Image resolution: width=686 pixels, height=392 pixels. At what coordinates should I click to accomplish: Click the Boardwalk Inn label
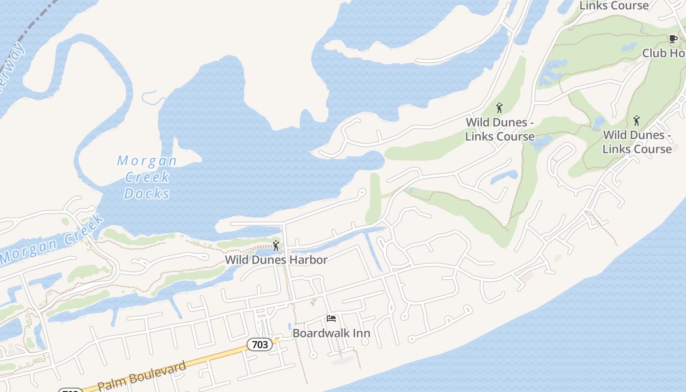331,333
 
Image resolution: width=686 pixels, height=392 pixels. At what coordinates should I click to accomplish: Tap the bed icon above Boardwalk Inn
331,318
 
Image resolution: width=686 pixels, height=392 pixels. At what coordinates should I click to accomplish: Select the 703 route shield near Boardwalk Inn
260,344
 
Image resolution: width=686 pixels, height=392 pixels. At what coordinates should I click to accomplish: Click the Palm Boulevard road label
142,376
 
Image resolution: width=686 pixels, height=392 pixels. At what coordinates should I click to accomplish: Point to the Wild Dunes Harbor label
276,260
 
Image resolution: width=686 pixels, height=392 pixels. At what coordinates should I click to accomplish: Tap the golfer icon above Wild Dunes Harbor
276,245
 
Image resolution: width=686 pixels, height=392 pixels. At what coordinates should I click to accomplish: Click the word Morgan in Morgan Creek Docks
147,161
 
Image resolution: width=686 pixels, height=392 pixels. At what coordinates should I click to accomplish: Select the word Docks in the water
147,194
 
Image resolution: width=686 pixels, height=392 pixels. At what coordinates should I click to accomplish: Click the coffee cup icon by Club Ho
673,39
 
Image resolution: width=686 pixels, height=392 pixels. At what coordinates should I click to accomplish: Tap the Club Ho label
663,53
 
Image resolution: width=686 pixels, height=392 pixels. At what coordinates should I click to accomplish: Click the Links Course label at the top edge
614,6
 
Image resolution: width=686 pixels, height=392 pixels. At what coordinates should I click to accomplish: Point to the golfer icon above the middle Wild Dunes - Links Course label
499,107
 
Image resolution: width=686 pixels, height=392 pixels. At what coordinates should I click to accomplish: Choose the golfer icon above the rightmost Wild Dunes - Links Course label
637,120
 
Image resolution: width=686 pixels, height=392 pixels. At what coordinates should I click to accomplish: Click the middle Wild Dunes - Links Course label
500,129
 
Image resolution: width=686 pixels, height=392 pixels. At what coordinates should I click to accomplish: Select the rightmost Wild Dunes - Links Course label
637,142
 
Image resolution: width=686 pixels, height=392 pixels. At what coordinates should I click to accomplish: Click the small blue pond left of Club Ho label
629,47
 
